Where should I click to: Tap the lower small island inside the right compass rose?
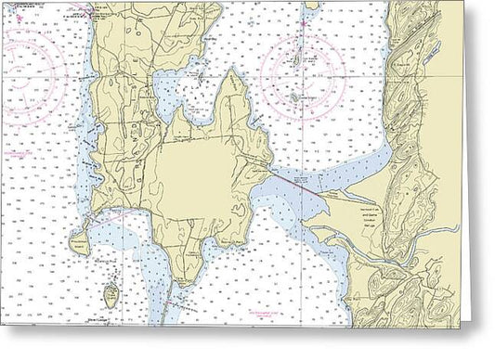pyautogui.click(x=295, y=96)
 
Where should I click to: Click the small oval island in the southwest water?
pyautogui.click(x=111, y=296)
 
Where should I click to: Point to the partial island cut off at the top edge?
pyautogui.click(x=313, y=5)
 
